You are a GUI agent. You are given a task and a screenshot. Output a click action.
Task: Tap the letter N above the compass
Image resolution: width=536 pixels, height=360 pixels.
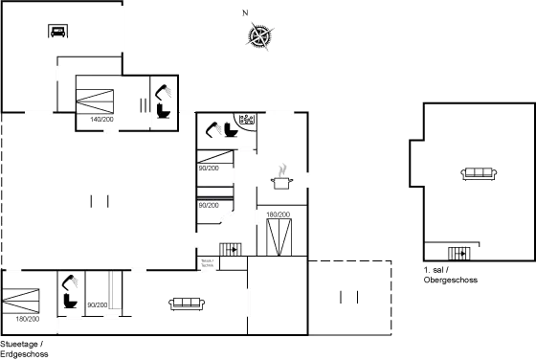coord(245,12)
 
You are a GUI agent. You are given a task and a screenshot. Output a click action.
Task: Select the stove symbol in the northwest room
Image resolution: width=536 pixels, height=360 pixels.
coord(57,31)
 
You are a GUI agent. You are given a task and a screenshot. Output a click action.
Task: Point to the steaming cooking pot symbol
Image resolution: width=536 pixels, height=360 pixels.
coord(282,174)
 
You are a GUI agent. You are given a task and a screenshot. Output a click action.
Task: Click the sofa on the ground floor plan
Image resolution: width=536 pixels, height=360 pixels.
coord(187,304)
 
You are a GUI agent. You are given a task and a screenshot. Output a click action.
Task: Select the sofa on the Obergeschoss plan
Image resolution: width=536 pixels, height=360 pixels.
coord(479,172)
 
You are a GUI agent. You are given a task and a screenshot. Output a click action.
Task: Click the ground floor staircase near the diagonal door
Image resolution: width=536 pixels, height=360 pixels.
coord(231,249)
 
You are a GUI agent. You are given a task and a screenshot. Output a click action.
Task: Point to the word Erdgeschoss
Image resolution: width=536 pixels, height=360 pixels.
coord(22,353)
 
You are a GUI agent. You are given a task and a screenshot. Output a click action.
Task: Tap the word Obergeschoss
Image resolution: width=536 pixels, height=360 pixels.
coord(451,281)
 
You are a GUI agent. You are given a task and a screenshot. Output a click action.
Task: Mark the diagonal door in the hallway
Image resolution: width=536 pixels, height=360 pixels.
coord(228,218)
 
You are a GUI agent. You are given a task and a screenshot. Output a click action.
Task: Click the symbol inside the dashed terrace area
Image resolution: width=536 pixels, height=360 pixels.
coord(342,296)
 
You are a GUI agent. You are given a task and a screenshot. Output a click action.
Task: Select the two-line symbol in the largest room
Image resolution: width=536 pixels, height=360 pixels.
coord(99,200)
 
